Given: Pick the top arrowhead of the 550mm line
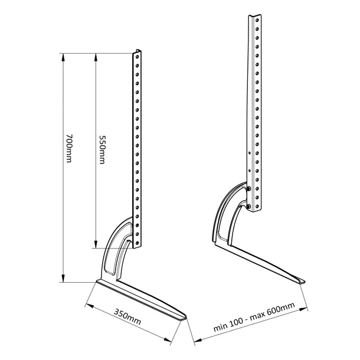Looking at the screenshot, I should (x=94, y=55).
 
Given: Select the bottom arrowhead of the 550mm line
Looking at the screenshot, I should (x=94, y=247).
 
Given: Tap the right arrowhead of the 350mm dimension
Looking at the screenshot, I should (x=169, y=341).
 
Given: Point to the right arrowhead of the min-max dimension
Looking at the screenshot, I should (x=306, y=307).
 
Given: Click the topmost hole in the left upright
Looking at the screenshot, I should (x=138, y=57).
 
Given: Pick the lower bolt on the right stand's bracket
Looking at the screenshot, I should (x=250, y=206).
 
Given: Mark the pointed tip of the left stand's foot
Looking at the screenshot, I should (x=185, y=317).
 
